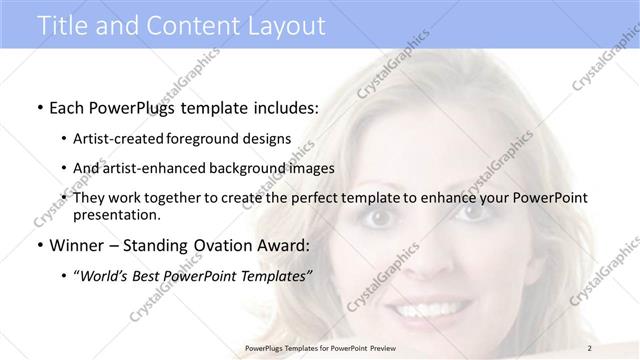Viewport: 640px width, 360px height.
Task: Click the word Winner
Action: (x=71, y=245)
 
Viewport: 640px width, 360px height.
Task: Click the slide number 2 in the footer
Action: (x=591, y=348)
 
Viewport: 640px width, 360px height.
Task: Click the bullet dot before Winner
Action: (x=38, y=246)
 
